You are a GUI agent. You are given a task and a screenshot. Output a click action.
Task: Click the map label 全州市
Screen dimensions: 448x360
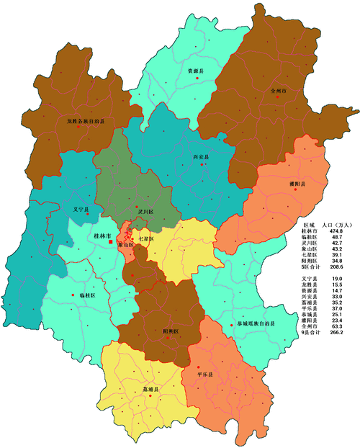(x=278, y=91)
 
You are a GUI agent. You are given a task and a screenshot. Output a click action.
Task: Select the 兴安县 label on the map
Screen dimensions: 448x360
(x=201, y=156)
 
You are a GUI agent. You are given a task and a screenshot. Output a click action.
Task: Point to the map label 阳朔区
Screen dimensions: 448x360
(x=171, y=331)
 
